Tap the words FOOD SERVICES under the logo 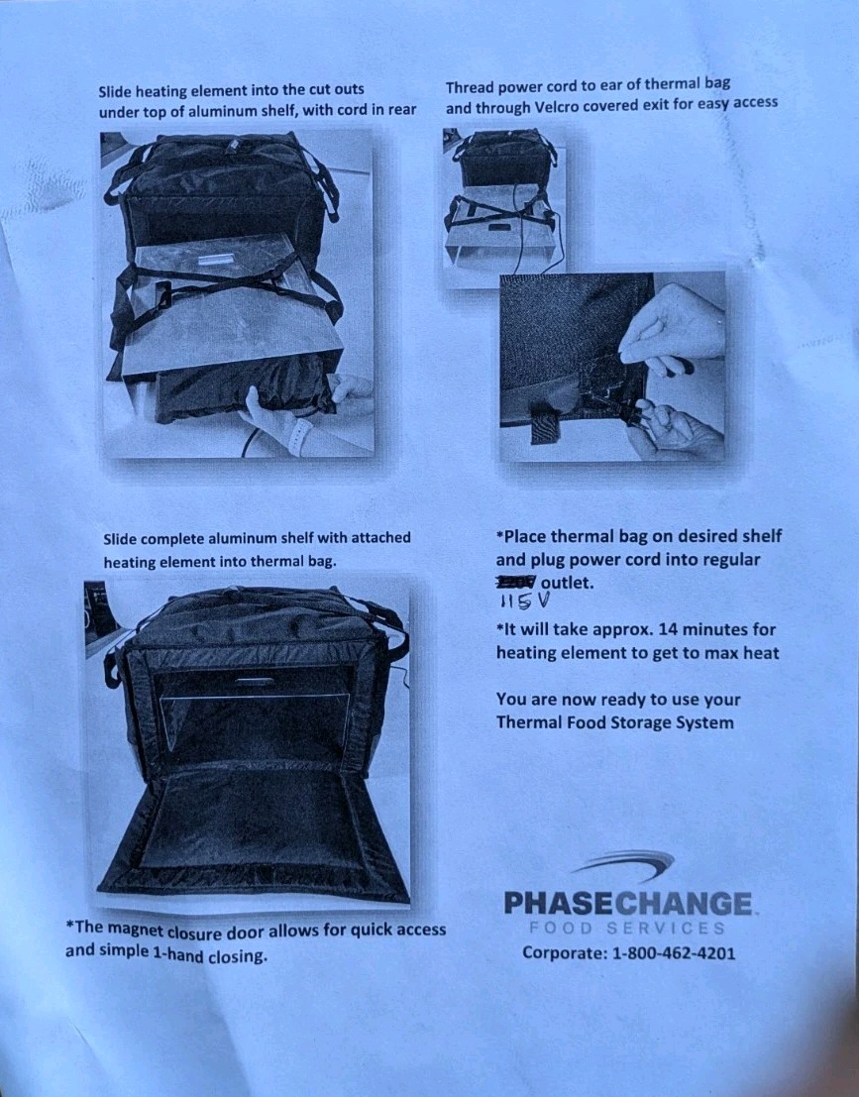[x=626, y=929]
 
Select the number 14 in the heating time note [x=644, y=629]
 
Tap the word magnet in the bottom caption [x=134, y=930]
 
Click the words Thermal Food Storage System [x=614, y=722]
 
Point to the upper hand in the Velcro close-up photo [x=678, y=327]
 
